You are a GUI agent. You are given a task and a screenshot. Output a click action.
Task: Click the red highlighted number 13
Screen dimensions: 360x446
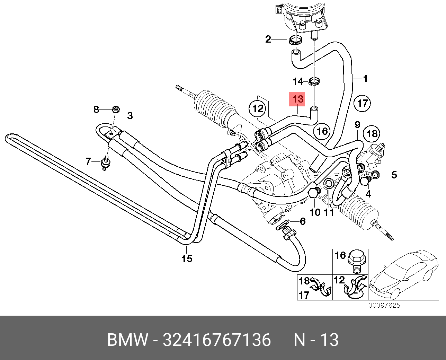pos(297,99)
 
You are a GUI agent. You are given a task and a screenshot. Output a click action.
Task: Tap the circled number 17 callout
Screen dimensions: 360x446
pos(362,103)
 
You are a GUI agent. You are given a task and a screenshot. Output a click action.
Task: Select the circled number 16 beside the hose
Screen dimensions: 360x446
pos(322,131)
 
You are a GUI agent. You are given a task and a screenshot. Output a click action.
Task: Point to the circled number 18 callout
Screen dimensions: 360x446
pos(372,133)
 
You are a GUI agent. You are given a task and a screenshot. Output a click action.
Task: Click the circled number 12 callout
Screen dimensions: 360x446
pos(258,109)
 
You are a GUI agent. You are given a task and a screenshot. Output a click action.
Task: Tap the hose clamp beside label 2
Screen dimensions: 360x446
pos(295,40)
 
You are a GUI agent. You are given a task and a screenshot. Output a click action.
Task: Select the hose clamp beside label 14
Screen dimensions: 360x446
pos(314,82)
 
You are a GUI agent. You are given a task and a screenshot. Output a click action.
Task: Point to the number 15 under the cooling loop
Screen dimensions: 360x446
pos(187,258)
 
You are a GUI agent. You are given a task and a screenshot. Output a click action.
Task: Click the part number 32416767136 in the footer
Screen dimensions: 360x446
pos(217,340)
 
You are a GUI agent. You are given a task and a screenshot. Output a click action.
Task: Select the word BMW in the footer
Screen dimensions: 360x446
pos(127,340)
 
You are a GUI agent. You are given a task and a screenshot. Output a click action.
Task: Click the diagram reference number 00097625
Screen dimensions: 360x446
pos(384,305)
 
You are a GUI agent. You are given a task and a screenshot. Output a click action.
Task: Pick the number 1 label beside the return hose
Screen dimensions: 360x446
pos(365,79)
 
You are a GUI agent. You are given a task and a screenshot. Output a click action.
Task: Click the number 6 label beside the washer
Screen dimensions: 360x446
pos(303,221)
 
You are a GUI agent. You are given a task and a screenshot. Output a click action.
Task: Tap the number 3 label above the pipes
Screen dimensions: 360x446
pos(130,116)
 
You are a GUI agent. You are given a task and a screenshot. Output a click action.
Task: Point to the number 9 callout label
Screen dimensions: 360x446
pos(357,125)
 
